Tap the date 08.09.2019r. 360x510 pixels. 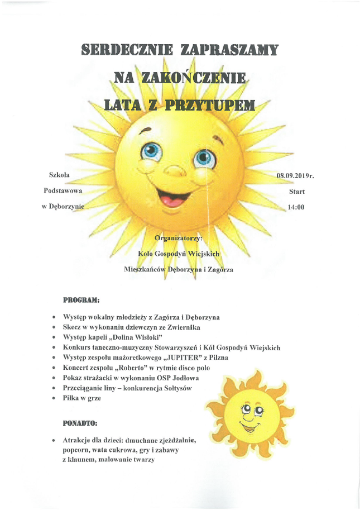click(x=295, y=176)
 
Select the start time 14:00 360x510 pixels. click(x=296, y=207)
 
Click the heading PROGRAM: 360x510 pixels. click(x=81, y=300)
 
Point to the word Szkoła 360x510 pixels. click(x=60, y=175)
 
